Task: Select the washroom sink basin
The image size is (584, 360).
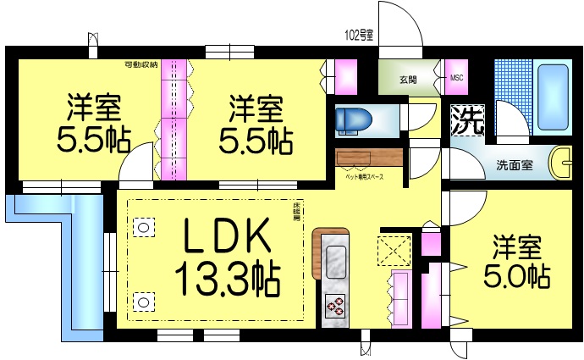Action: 563,162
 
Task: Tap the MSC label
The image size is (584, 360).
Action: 457,79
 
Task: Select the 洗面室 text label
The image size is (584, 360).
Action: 514,165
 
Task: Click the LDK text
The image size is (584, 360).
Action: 228,237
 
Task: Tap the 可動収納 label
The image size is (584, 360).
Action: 140,64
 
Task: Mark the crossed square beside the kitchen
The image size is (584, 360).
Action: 394,250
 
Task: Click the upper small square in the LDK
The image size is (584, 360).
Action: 144,227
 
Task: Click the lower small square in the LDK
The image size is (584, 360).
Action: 144,300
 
